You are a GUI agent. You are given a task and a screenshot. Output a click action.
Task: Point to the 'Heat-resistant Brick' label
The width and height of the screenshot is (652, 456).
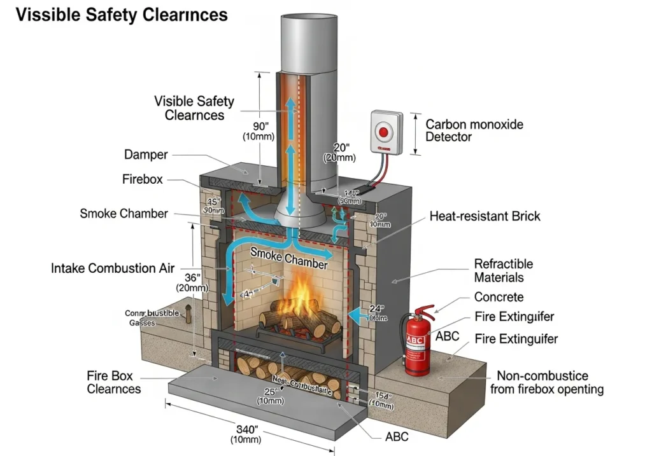[x=485, y=216]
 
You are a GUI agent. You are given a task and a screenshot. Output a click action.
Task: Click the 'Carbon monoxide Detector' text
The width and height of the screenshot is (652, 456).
[x=474, y=130]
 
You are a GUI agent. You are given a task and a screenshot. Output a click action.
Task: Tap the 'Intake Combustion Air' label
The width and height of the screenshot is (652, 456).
[x=112, y=268]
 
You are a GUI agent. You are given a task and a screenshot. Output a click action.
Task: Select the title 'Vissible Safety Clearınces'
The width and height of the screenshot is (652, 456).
[x=122, y=15]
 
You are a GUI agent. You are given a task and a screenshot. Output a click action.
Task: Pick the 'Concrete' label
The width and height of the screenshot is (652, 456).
[x=499, y=297]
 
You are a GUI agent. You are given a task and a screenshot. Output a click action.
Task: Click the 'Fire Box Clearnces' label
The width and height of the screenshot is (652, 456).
[x=114, y=382]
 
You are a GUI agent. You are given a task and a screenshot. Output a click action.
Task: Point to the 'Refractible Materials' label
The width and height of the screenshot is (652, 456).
[x=503, y=270]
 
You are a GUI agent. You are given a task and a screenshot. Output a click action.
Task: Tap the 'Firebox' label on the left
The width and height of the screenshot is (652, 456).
[x=142, y=179]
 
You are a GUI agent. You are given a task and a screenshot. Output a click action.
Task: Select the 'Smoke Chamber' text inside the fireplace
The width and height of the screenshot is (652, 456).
[x=288, y=258]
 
